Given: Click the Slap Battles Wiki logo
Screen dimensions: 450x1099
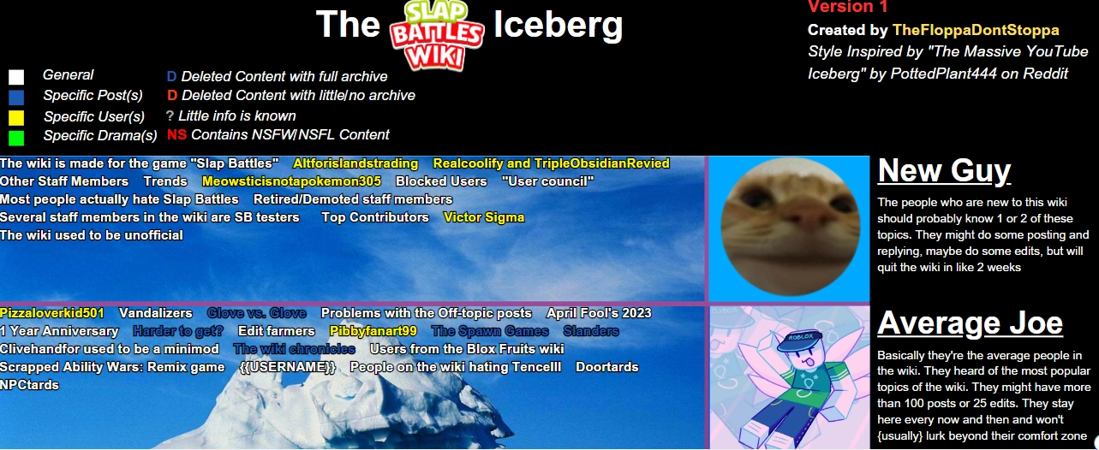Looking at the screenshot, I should click(437, 34).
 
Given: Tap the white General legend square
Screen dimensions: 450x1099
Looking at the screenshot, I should click(16, 77).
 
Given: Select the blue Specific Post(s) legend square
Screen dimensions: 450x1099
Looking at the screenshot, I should click(16, 97).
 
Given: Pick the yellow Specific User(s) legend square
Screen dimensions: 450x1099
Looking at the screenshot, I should click(16, 117).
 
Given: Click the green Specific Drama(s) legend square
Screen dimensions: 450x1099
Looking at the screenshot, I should click(16, 137).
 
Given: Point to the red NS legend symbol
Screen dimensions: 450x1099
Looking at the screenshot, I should click(176, 135).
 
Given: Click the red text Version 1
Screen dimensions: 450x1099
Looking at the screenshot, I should click(848, 8).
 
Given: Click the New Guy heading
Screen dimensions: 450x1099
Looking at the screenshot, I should click(944, 171).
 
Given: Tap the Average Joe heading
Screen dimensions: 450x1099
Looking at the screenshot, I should click(970, 323).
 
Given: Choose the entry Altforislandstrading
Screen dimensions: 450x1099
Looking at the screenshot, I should click(355, 163).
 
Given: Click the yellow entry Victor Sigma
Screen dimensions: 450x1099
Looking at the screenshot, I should click(484, 217).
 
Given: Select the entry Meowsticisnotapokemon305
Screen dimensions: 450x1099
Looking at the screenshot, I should click(291, 181).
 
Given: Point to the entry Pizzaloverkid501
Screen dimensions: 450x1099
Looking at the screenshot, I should click(52, 313).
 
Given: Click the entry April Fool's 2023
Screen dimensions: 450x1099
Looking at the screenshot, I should click(599, 313).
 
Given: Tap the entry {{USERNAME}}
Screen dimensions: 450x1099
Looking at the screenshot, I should click(288, 367).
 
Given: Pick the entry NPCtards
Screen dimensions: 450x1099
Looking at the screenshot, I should click(29, 385).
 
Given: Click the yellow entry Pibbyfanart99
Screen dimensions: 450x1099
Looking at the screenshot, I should click(373, 331).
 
